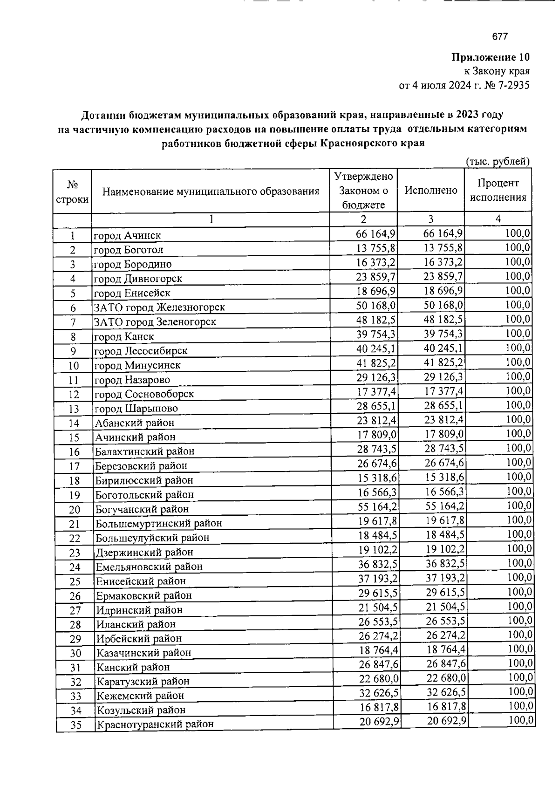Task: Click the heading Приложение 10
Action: (491, 58)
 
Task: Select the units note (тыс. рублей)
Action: (498, 162)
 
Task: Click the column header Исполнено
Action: (431, 190)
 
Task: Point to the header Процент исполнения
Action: (498, 190)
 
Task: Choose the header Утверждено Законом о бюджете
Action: (364, 190)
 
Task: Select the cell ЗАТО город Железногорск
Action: (159, 307)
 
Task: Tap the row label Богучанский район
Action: (142, 509)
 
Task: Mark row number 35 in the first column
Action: (75, 725)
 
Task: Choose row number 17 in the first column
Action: (74, 466)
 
